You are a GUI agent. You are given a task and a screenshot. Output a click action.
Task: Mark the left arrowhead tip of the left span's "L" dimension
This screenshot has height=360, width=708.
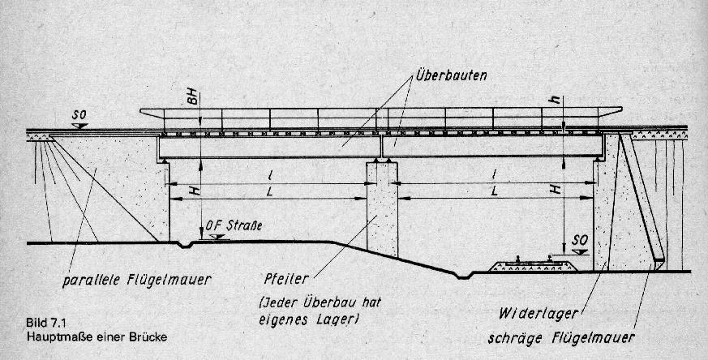click(x=169, y=199)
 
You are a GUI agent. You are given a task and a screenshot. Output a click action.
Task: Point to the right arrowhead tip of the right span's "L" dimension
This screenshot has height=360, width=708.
click(x=592, y=198)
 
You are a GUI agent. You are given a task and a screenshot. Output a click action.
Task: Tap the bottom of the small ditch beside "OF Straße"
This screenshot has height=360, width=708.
click(x=185, y=246)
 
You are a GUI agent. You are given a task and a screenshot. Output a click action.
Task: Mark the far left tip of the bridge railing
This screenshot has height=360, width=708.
click(x=140, y=109)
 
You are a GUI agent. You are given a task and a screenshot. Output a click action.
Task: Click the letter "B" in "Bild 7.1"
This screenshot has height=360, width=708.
click(x=30, y=324)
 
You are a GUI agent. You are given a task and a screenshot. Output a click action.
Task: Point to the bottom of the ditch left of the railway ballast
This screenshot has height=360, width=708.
click(x=463, y=276)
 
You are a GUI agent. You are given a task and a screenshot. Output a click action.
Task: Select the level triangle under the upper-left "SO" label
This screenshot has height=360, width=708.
click(x=79, y=126)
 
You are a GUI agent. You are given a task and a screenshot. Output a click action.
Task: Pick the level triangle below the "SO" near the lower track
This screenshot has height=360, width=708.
click(x=579, y=251)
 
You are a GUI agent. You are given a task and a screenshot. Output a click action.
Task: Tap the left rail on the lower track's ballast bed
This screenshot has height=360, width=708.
click(x=517, y=259)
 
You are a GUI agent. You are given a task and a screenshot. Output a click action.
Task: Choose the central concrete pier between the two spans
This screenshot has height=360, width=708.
click(x=382, y=208)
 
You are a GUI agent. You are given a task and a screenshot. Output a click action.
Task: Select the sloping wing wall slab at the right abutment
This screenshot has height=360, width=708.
click(x=641, y=199)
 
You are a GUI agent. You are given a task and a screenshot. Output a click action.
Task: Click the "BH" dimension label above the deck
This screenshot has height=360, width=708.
click(x=193, y=98)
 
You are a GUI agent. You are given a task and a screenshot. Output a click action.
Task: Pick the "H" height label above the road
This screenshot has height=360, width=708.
click(x=194, y=191)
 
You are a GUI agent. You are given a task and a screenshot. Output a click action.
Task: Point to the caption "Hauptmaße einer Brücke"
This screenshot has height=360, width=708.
click(x=97, y=337)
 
